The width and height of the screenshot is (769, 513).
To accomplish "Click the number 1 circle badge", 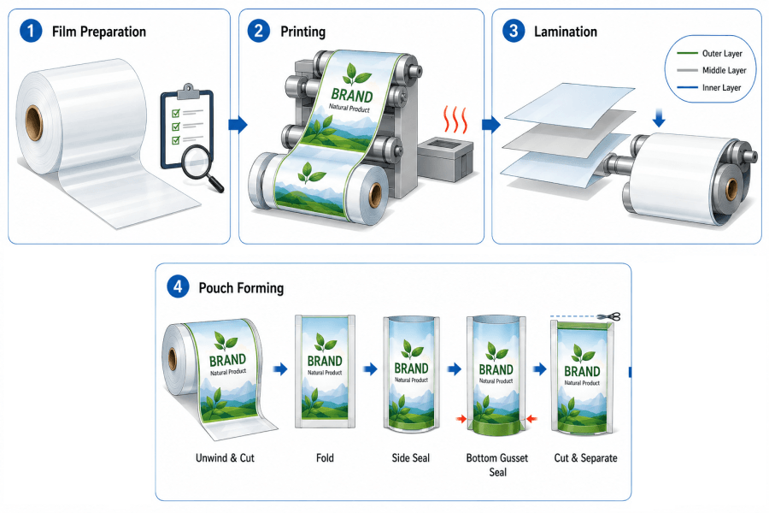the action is click(x=31, y=31).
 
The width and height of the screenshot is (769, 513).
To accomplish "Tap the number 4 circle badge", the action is click(x=178, y=286).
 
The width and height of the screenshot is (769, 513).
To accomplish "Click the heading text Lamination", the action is click(x=566, y=32).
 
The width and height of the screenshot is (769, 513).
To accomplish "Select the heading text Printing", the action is click(x=303, y=32).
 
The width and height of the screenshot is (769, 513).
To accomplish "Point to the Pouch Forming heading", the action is click(x=241, y=287).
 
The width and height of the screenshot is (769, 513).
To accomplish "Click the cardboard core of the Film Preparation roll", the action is click(x=34, y=123).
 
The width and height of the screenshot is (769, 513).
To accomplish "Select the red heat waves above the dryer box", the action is click(x=455, y=119).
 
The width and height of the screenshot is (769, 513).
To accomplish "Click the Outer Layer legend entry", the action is click(x=710, y=54).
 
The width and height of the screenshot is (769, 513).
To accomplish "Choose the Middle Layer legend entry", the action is click(x=712, y=70).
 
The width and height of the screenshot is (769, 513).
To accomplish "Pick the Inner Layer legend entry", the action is click(x=709, y=87).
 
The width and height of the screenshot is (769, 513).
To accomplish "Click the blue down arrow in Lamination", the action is click(x=659, y=118).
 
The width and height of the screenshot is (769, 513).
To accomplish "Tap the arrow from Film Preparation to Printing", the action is click(x=238, y=125).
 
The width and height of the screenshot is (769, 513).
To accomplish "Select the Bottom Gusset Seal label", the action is click(x=497, y=465).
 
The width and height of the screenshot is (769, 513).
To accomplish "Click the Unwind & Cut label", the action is click(x=225, y=458).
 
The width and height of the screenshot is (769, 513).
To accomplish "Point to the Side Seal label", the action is click(x=410, y=458).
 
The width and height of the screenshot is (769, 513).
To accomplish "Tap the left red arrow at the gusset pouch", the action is click(x=461, y=419).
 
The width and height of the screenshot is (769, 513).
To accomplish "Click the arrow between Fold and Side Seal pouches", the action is click(x=370, y=369).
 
